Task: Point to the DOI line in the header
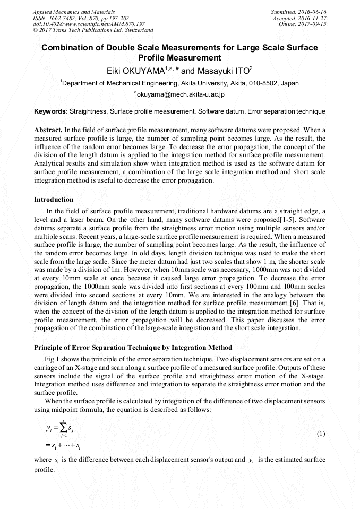(x=89, y=24)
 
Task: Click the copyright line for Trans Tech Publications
(x=93, y=30)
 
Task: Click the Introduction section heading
(x=54, y=200)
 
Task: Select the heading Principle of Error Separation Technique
(x=133, y=348)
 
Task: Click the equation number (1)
(x=321, y=434)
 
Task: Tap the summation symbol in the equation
(x=61, y=427)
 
